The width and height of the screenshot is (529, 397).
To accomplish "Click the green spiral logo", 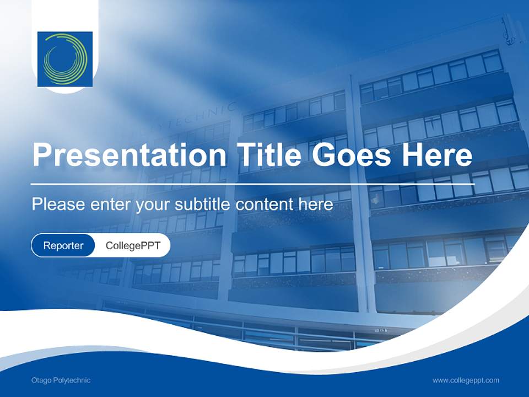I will pos(65,58).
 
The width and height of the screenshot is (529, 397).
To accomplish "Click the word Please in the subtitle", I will pos(58,205).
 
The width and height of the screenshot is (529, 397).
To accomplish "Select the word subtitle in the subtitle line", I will pos(203,205).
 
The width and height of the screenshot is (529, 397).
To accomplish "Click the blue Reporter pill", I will pos(63,245).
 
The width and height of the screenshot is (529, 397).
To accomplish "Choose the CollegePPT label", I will pos(133,245).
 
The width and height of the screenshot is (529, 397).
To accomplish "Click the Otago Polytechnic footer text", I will pos(61,380).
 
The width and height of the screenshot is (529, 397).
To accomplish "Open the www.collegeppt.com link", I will pos(466,380).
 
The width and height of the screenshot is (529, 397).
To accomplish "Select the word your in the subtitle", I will pos(154,205).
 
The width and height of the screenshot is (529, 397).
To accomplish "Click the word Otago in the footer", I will pos(41,380).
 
